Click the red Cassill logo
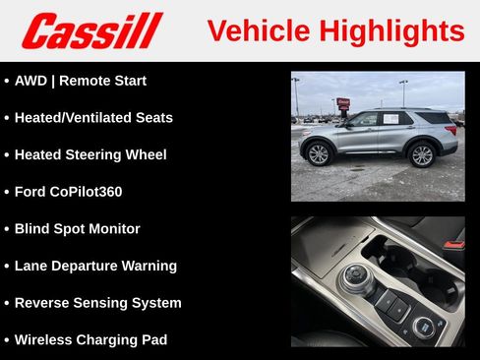(91, 30)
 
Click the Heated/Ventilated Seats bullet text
(93, 118)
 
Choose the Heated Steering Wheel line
(90, 154)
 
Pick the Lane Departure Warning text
(95, 266)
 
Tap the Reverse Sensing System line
(97, 303)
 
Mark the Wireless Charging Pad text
(90, 339)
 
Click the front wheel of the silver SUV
(319, 154)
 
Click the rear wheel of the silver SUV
(422, 154)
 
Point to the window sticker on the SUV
(391, 119)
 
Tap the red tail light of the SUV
(453, 127)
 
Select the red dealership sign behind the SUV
(343, 101)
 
